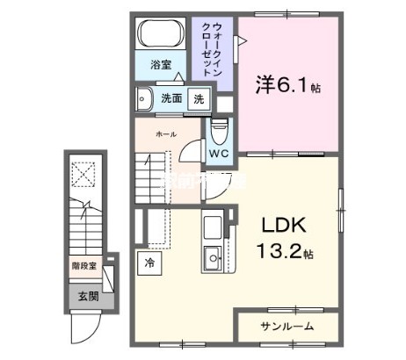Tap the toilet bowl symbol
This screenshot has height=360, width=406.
point(219,129)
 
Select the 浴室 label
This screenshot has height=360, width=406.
point(159,64)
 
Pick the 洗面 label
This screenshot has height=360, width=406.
point(171,98)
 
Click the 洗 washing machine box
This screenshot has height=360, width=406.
point(199,98)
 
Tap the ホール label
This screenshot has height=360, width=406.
point(166,133)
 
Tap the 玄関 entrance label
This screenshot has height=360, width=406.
point(85,298)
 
